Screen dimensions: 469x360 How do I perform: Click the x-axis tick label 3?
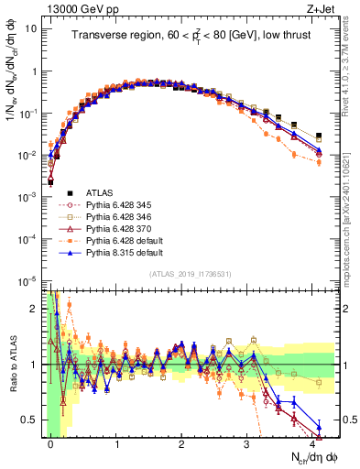pos(246,444)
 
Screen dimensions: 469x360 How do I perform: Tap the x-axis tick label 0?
pos(51,444)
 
